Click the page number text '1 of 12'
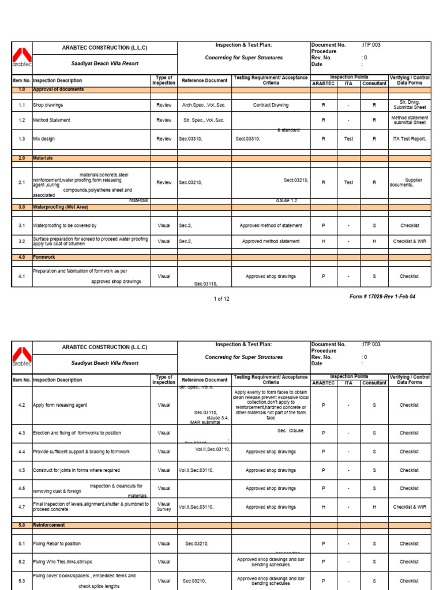pos(221,298)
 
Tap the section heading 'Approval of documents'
pos(58,90)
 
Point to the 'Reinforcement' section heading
pos(49,525)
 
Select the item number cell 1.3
pos(21,139)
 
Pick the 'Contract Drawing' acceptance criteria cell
pos(271,105)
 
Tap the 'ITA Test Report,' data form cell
pos(409,139)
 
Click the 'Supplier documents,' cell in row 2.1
pos(409,182)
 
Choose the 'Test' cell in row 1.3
pos(348,139)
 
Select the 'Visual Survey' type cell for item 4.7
pos(164,506)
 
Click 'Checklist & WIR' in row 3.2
pos(409,241)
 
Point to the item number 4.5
pos(21,470)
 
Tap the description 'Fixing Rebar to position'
pos(57,543)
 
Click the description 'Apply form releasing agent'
pos(60,405)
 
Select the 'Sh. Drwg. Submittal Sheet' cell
pos(409,105)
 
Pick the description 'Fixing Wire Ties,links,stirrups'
pos(62,561)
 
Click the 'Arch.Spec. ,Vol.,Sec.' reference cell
pos(203,105)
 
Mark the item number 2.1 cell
pos(21,182)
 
